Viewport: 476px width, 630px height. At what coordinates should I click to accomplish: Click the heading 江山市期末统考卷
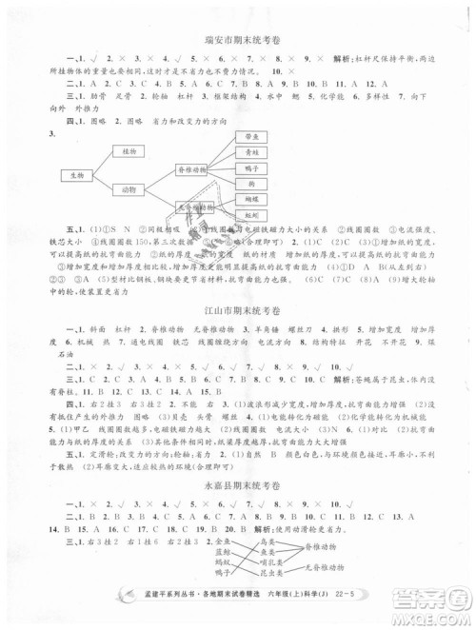[239, 311]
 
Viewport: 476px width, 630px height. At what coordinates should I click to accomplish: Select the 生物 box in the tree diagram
[74, 175]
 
